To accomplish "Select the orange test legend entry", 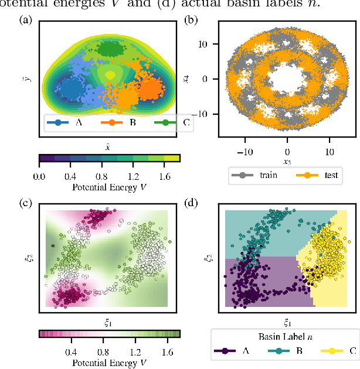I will [311, 175].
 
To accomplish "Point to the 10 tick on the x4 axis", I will [208, 44].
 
